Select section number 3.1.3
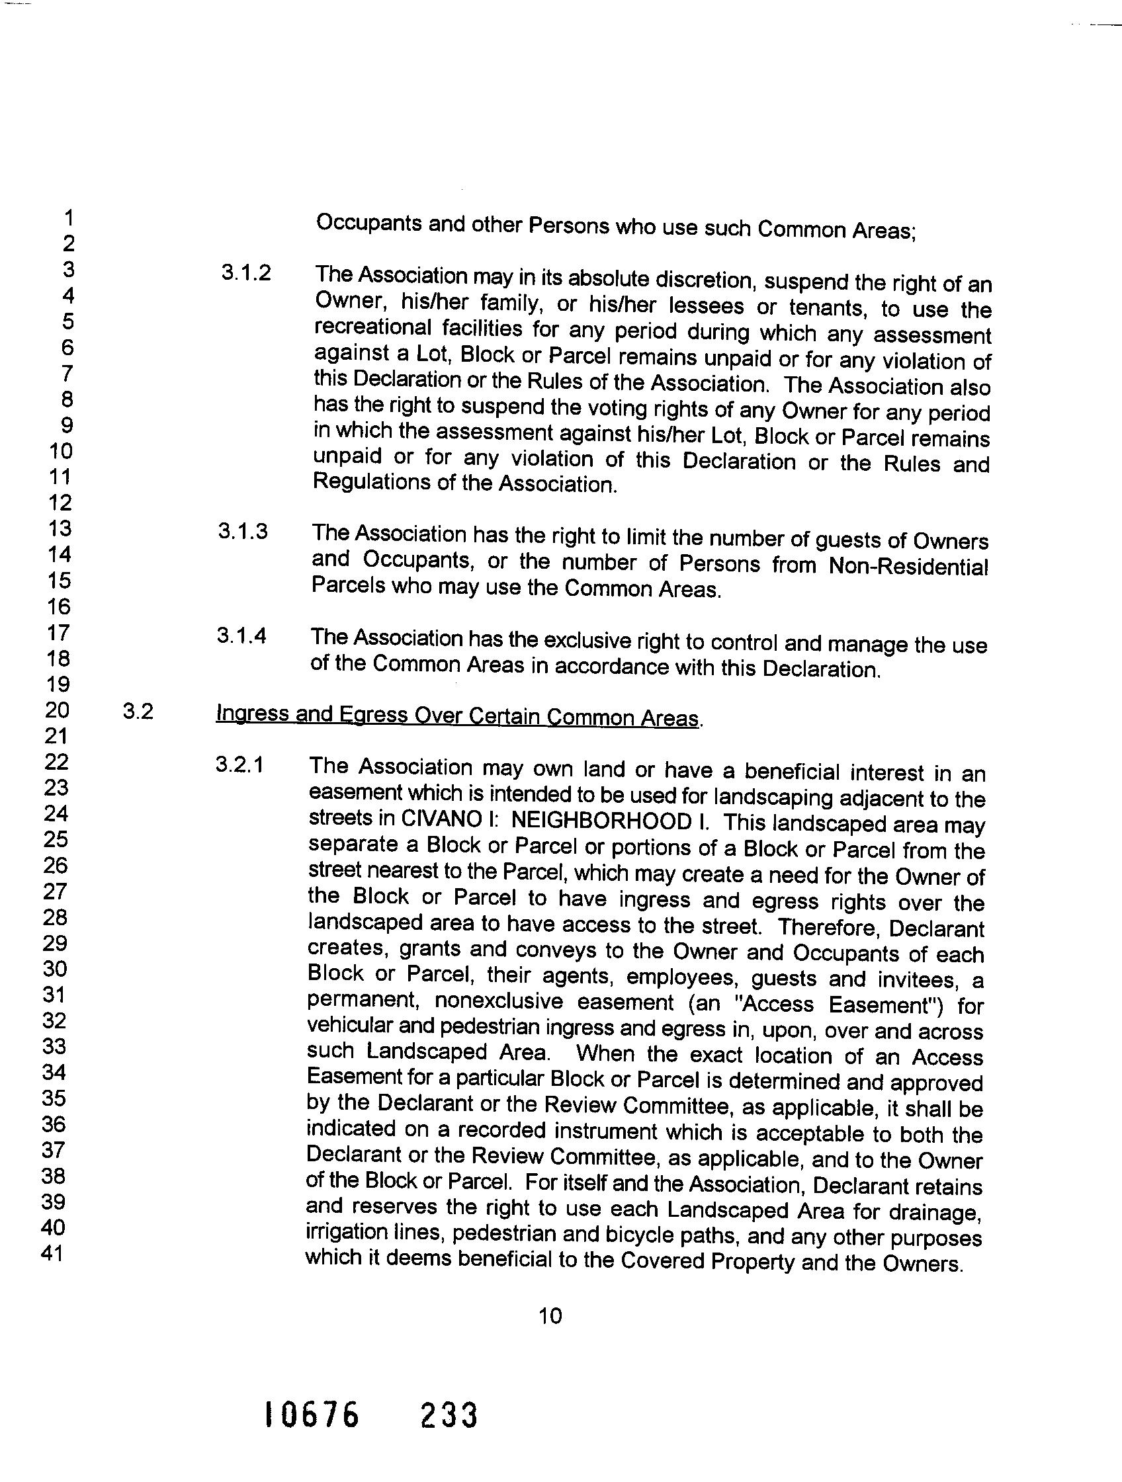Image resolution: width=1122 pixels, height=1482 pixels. point(243,531)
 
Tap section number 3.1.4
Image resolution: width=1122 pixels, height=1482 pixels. point(241,635)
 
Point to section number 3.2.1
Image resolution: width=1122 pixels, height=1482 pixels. point(240,764)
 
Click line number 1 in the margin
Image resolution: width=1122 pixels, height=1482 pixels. point(68,218)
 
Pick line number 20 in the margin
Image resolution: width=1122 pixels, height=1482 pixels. point(57,710)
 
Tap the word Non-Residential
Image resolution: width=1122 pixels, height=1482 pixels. point(908,567)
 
